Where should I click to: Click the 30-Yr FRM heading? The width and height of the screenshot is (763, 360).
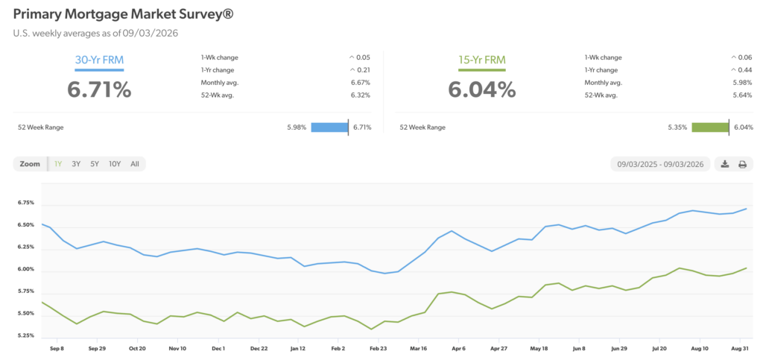(99, 60)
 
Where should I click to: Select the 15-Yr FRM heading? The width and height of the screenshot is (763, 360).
(482, 60)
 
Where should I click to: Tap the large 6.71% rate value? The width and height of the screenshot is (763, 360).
(99, 90)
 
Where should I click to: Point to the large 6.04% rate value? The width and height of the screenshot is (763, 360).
(482, 90)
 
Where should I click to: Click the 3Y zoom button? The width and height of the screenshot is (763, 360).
(76, 164)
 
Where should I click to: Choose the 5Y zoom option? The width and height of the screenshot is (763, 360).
(95, 164)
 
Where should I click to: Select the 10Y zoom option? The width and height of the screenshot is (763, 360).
(115, 164)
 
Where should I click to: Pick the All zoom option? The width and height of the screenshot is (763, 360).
(135, 164)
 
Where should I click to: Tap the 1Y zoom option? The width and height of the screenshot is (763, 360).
(58, 164)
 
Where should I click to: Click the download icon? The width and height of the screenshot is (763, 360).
(724, 164)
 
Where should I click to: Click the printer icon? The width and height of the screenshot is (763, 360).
(742, 165)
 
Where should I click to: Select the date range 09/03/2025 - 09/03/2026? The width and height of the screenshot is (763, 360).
(660, 165)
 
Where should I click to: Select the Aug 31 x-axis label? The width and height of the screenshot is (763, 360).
(740, 348)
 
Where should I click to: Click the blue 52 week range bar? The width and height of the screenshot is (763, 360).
(329, 127)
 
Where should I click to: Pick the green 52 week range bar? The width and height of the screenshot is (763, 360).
(710, 127)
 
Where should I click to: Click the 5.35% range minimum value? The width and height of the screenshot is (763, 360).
(677, 127)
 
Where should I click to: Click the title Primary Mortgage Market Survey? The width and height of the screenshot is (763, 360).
(123, 15)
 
